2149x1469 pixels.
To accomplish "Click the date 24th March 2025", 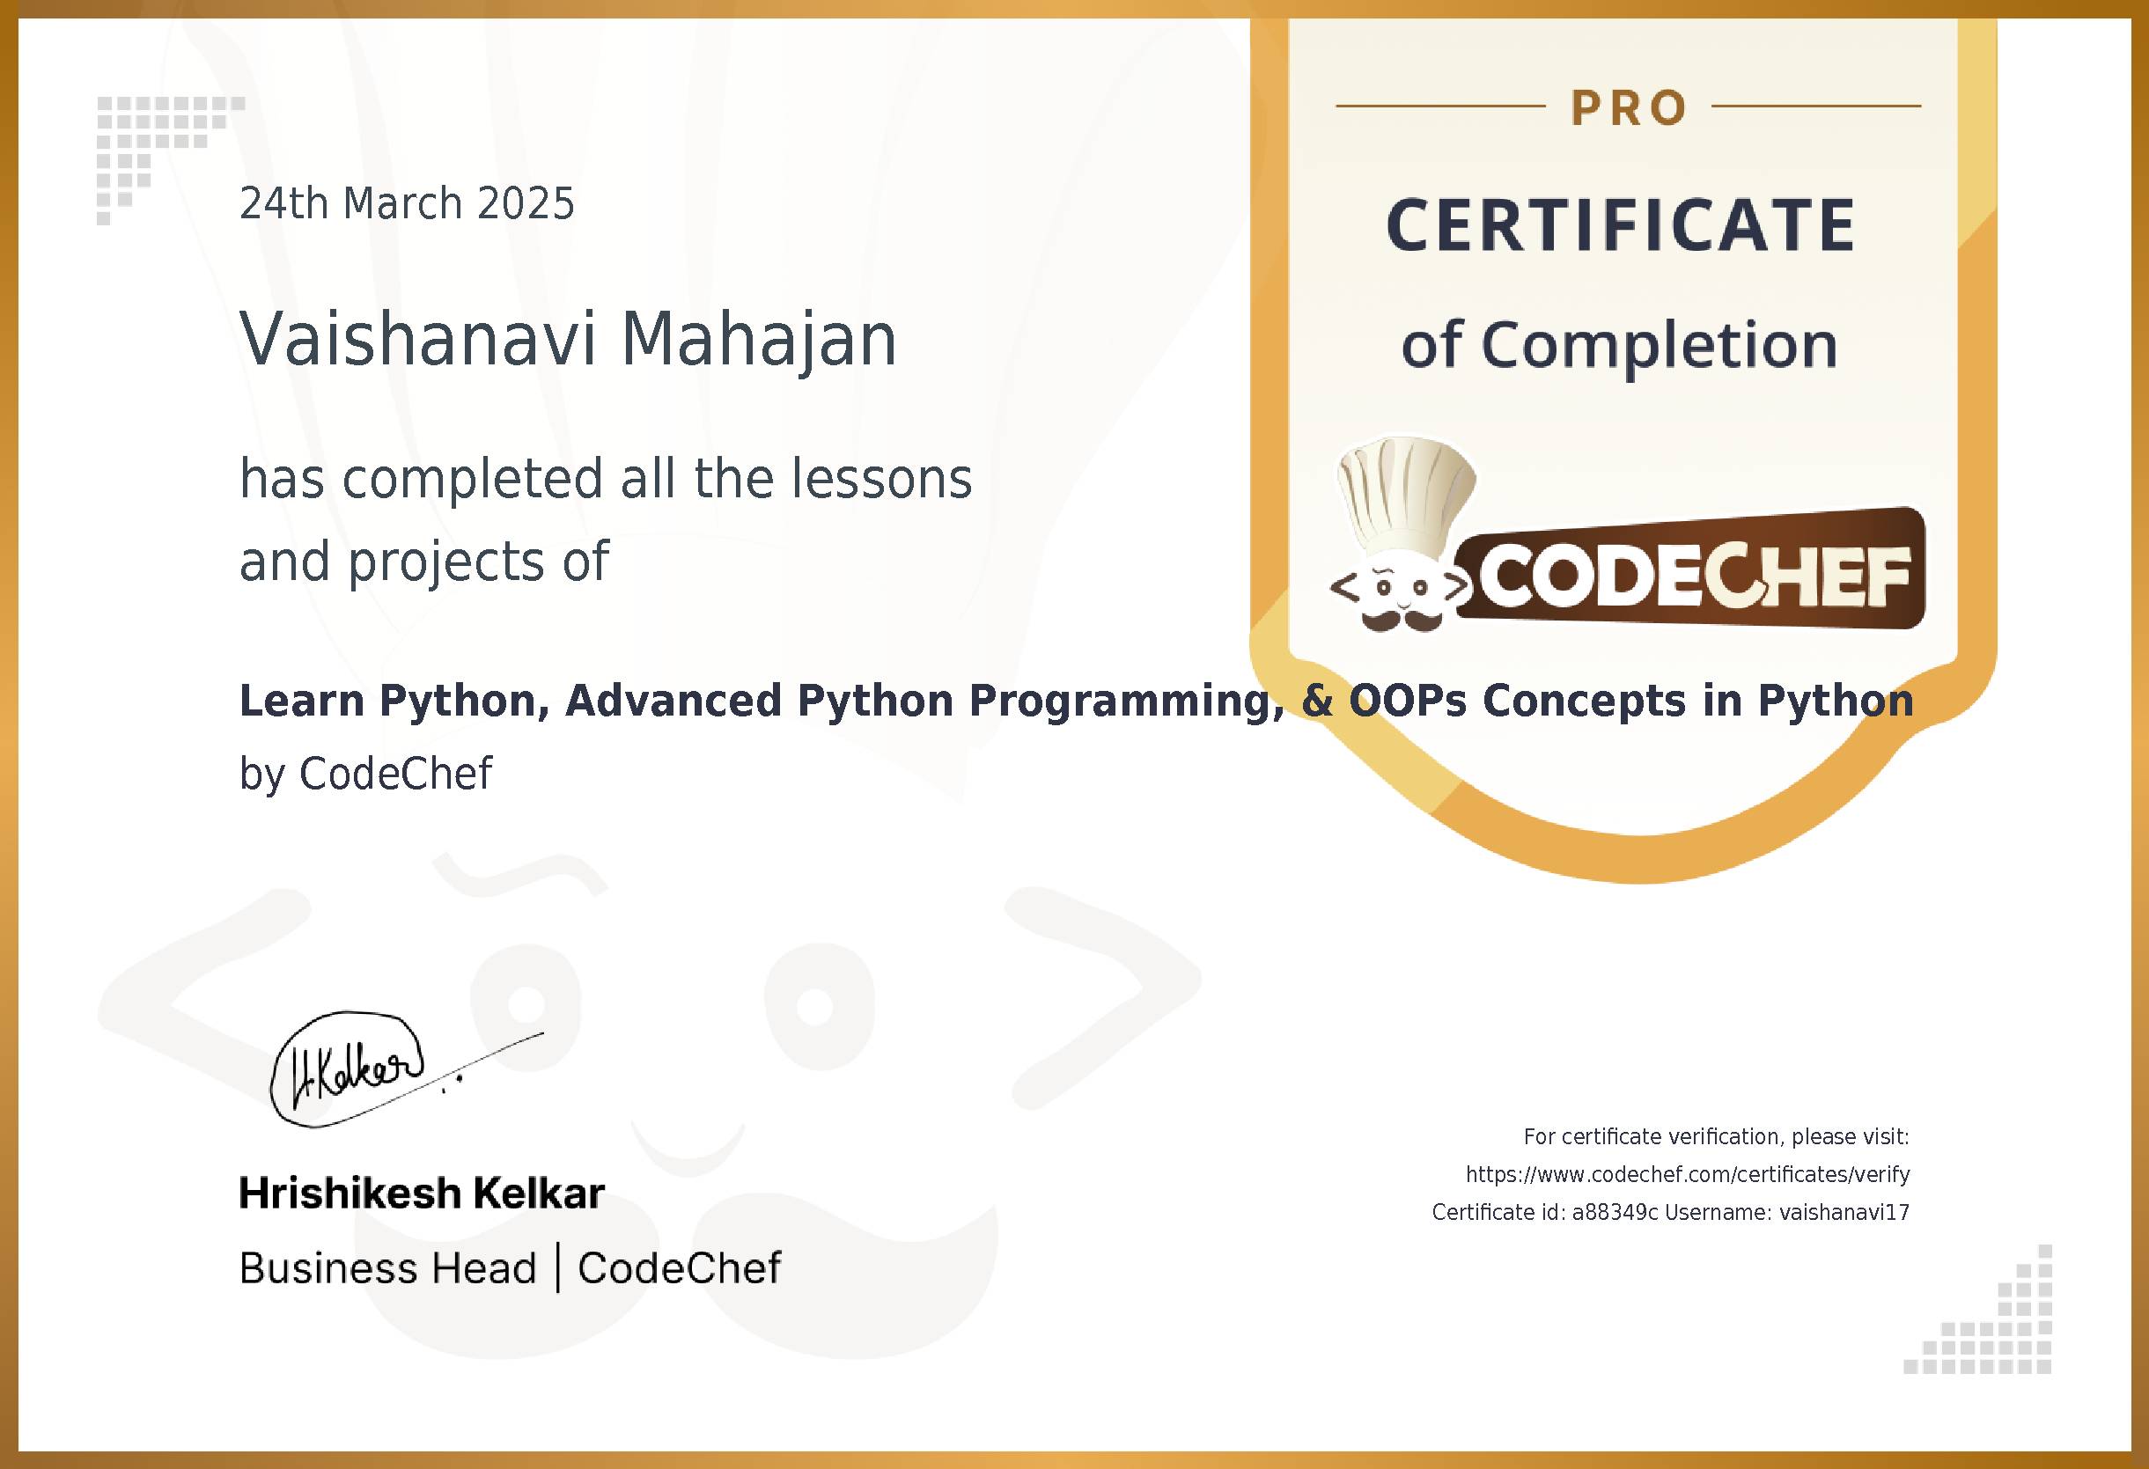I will click(x=407, y=203).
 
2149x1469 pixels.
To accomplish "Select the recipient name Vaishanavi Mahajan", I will click(x=568, y=339).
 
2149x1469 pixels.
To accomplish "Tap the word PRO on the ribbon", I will click(x=1629, y=108).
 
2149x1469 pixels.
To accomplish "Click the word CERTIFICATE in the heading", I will click(x=1620, y=225).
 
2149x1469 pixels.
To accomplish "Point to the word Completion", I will click(x=1659, y=345).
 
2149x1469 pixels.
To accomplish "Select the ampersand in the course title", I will click(x=1317, y=700).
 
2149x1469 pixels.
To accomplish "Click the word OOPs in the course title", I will click(x=1408, y=700).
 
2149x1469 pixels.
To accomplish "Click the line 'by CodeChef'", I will click(x=365, y=774).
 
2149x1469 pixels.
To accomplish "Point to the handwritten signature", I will click(x=361, y=1069).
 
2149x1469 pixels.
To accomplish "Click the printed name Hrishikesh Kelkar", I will click(x=422, y=1194).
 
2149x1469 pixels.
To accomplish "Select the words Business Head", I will click(x=387, y=1267).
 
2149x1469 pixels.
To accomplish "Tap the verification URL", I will click(x=1688, y=1174).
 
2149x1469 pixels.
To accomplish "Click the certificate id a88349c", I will click(x=1615, y=1212).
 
